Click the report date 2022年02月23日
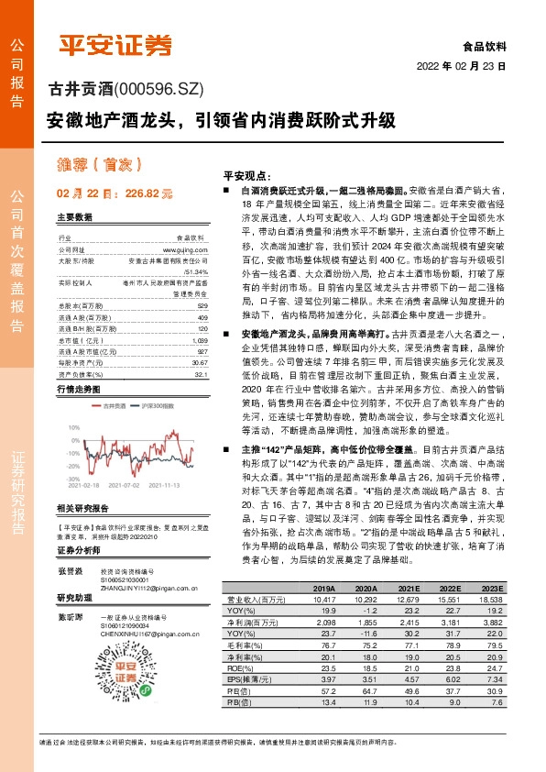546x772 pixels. pyautogui.click(x=467, y=66)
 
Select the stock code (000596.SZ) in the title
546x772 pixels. pyautogui.click(x=158, y=89)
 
